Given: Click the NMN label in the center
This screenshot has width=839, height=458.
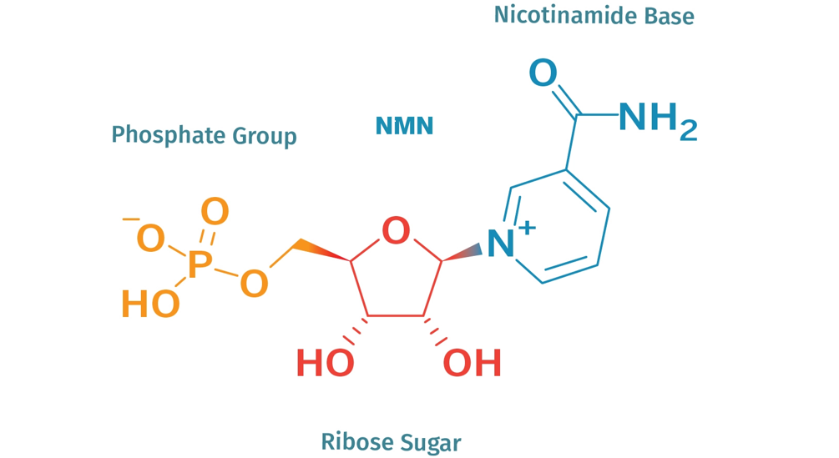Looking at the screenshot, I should [404, 126].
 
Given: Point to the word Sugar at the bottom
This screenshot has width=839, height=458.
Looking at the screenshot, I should [427, 442].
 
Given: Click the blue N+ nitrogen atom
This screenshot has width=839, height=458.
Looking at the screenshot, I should [499, 244].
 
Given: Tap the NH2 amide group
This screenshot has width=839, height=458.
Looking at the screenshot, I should [658, 120].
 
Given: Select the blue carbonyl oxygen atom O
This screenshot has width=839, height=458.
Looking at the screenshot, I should [543, 73].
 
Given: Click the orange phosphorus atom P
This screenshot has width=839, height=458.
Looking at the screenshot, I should [199, 265].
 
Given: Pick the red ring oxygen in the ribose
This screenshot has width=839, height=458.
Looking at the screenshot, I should [396, 231].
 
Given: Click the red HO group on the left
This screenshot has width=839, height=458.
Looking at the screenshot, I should [325, 364].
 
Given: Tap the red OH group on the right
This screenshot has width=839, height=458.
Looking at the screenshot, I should [473, 364].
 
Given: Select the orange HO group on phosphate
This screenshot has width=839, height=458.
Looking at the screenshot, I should [150, 304].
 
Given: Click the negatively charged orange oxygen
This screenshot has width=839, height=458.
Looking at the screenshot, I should [150, 239].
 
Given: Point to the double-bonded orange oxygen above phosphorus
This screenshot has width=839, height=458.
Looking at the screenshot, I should [215, 212].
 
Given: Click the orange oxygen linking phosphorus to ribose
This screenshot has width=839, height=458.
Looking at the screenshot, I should [254, 284].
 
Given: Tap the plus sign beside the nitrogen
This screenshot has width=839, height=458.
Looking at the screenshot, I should [527, 227].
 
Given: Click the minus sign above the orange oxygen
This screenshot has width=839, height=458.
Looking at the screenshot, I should [131, 219].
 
